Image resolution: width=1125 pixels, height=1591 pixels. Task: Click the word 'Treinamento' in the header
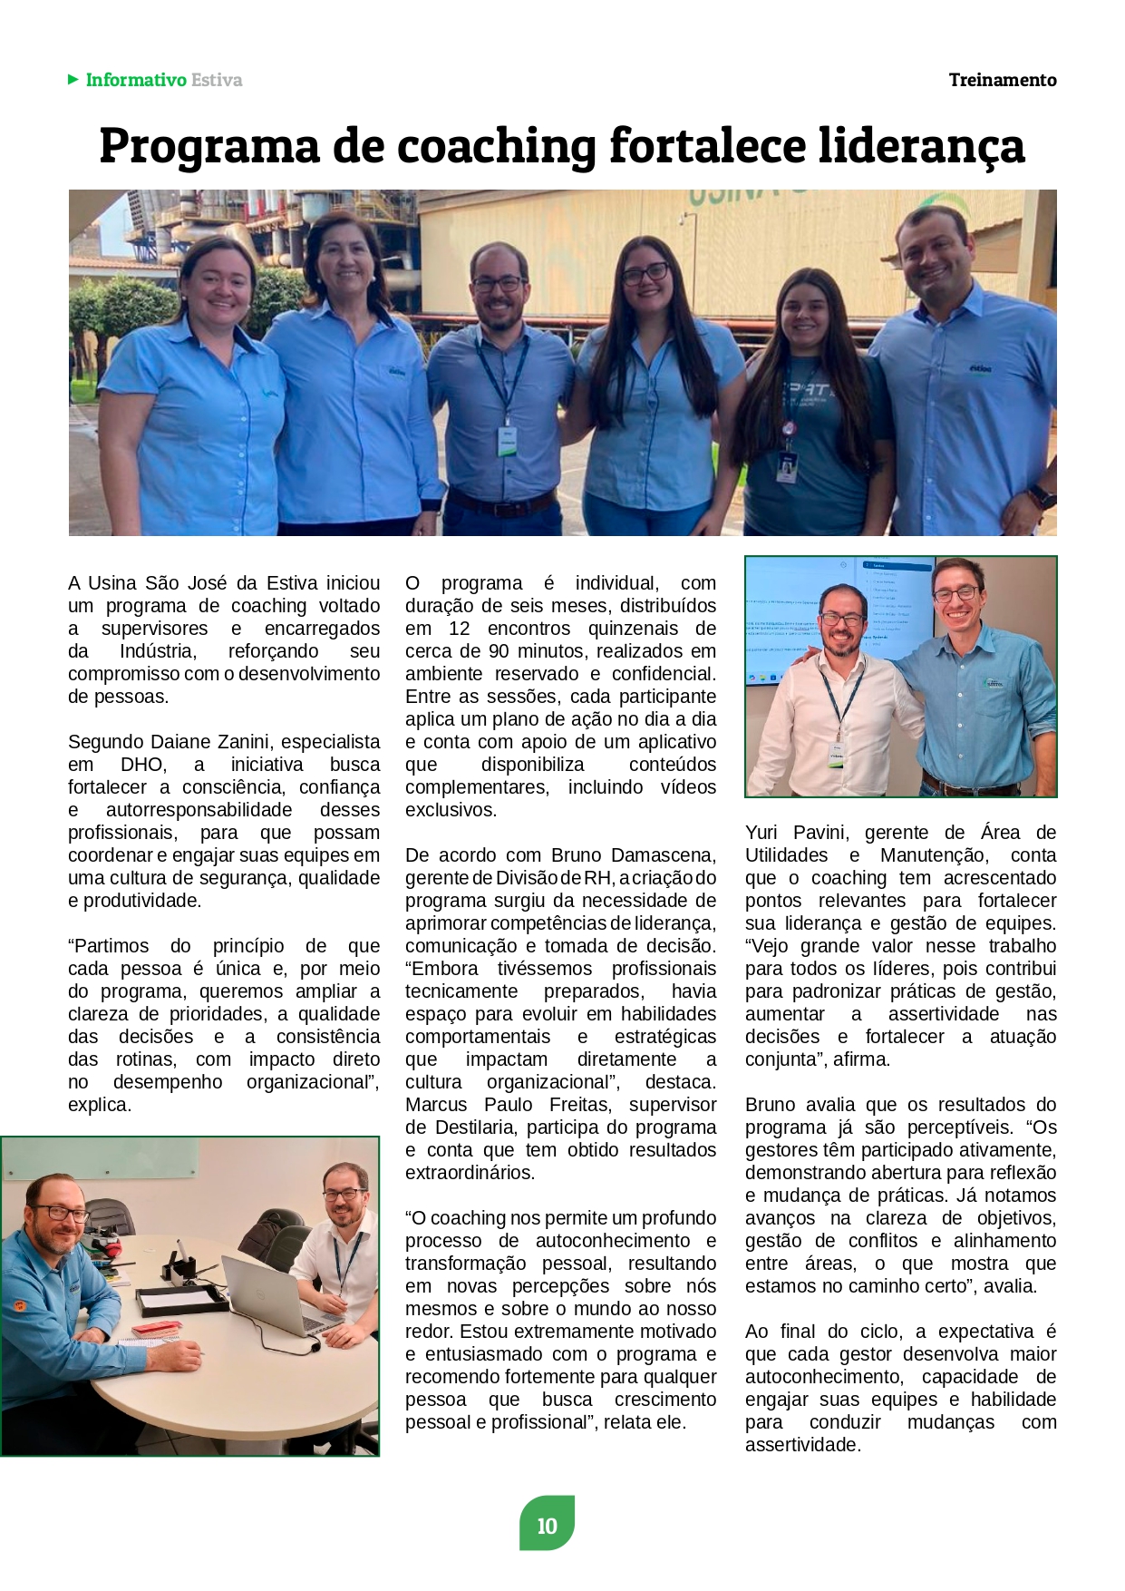pyautogui.click(x=1002, y=80)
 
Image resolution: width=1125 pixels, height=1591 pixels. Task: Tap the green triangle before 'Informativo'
pyautogui.click(x=73, y=80)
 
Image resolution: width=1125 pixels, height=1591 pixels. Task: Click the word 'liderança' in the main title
pyautogui.click(x=921, y=147)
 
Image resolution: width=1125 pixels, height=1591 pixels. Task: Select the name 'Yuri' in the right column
pyautogui.click(x=765, y=833)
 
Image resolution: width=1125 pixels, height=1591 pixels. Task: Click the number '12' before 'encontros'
pyautogui.click(x=460, y=629)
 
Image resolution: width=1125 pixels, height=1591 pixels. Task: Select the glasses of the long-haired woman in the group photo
pyautogui.click(x=645, y=272)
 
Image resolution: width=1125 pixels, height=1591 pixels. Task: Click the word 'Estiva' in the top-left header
pyautogui.click(x=217, y=80)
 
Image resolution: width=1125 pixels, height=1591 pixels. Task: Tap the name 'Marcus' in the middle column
pyautogui.click(x=439, y=1105)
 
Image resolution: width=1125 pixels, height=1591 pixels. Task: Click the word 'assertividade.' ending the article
pyautogui.click(x=802, y=1445)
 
